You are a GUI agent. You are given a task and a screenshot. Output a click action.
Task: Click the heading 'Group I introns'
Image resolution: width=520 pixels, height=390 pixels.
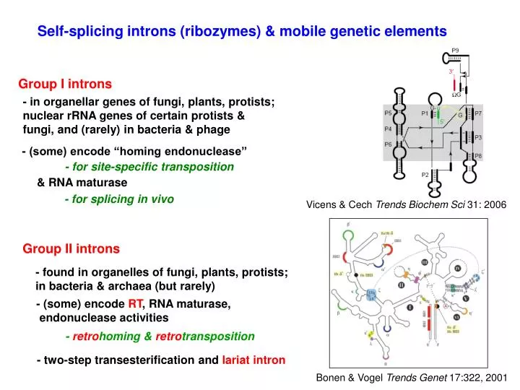coord(65,84)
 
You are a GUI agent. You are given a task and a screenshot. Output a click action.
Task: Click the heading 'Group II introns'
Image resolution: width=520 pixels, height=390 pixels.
coord(71,248)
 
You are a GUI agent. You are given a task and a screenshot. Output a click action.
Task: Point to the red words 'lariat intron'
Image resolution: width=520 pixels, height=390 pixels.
coord(253,359)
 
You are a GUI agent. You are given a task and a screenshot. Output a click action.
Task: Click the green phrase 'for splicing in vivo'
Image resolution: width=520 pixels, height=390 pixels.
coord(119,199)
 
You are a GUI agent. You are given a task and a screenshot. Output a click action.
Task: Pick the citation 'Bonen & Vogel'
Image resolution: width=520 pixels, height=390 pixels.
coord(350,377)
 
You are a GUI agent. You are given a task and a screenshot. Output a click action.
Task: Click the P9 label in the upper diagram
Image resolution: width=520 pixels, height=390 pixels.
coord(456,51)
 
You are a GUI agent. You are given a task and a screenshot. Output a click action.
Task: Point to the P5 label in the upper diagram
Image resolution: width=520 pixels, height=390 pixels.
coord(388,113)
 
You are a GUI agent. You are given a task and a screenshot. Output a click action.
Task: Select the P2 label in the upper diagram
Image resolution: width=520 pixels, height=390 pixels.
coord(425,175)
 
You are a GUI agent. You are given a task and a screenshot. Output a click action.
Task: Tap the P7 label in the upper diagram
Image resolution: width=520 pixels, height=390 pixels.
coord(478,113)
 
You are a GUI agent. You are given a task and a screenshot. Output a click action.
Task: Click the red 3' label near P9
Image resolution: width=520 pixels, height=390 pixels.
coord(451,71)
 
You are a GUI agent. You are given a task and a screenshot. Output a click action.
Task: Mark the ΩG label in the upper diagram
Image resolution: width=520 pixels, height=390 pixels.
coord(456,94)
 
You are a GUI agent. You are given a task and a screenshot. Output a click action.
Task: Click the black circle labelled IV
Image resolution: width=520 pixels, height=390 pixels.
coord(458,269)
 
